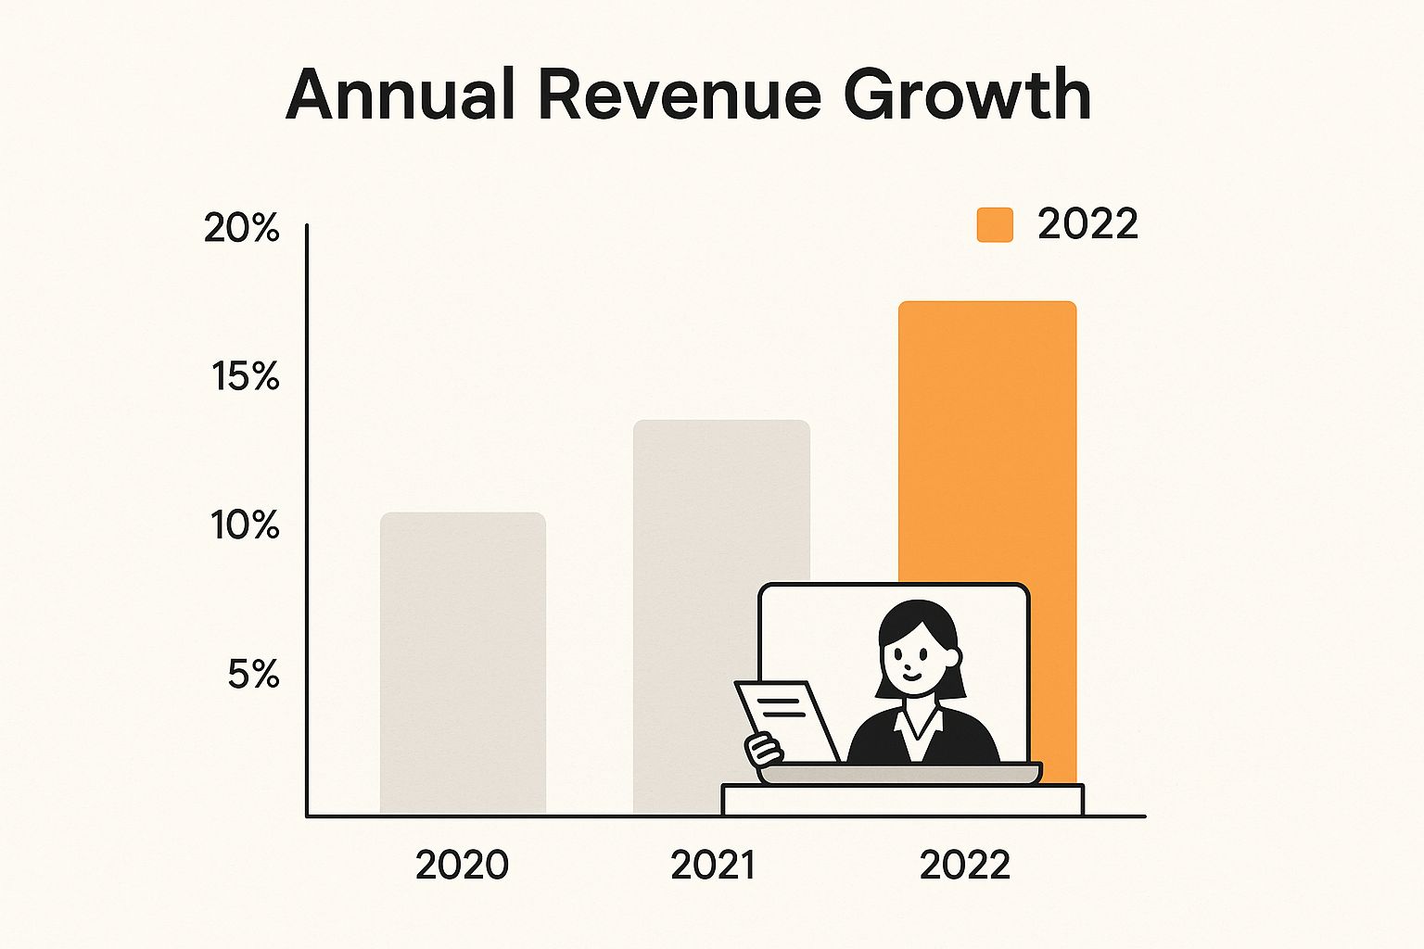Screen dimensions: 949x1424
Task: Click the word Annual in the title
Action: [x=400, y=95]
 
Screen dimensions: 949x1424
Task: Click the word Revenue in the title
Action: [x=679, y=95]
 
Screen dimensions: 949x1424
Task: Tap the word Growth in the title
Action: [x=967, y=95]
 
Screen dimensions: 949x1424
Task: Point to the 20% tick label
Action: [x=242, y=228]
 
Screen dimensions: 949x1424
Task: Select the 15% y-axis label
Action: [x=246, y=376]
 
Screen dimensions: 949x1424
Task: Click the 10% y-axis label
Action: [x=246, y=525]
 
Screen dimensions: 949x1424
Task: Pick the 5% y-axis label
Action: [x=253, y=675]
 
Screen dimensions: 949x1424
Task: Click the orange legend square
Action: [x=995, y=225]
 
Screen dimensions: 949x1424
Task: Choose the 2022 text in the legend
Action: [x=1087, y=224]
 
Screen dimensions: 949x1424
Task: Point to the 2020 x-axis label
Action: [x=462, y=865]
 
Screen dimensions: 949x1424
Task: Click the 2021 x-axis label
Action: [x=712, y=865]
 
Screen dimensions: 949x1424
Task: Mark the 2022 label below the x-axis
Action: [x=964, y=865]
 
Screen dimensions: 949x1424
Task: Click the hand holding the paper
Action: [x=763, y=748]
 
